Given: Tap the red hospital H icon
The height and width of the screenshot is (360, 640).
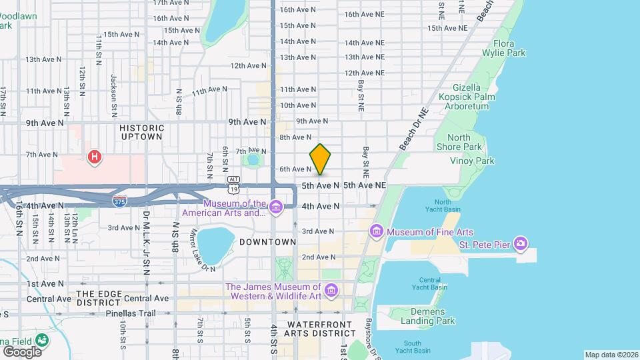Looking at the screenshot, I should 95,157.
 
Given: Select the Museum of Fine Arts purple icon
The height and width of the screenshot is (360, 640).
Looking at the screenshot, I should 377,231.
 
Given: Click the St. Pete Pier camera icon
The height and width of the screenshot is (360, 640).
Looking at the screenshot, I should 521,244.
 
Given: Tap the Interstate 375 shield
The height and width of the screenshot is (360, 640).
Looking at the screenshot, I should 119,201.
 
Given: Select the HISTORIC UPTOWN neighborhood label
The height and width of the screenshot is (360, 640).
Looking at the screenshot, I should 141,131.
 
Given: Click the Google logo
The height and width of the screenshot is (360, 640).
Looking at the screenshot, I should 21,351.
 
